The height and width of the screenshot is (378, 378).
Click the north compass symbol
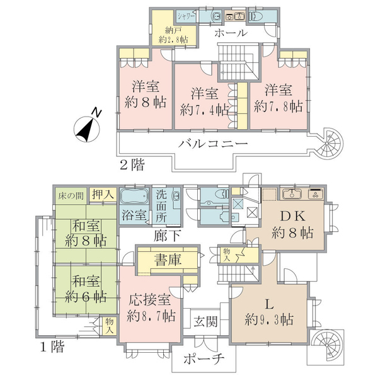pyautogui.click(x=86, y=129)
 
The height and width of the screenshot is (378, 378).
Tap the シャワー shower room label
pyautogui.click(x=186, y=16)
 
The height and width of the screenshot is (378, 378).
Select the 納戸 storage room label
pyautogui.click(x=173, y=35)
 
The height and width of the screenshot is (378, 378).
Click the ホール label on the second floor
pyautogui.click(x=231, y=33)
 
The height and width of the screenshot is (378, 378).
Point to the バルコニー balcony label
pyautogui.click(x=213, y=144)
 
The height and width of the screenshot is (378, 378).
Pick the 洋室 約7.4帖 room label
pyautogui.click(x=204, y=101)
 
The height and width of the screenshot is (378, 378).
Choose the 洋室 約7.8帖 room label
pyautogui.click(x=278, y=98)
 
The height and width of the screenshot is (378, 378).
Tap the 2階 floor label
pyautogui.click(x=132, y=165)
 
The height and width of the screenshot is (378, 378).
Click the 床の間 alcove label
pyautogui.click(x=71, y=196)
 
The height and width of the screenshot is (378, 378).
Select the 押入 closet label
pyautogui.click(x=103, y=194)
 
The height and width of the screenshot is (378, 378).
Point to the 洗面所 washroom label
pyautogui.click(x=161, y=207)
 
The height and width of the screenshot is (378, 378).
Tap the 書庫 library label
pyautogui.click(x=168, y=260)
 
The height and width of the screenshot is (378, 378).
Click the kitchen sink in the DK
pyautogui.click(x=292, y=194)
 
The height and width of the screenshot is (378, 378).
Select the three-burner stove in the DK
pyautogui.click(x=316, y=194)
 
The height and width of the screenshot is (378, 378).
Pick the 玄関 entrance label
pyautogui.click(x=205, y=321)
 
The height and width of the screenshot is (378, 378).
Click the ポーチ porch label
pyautogui.click(x=204, y=359)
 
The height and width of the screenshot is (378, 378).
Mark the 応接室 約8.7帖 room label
pyautogui.click(x=151, y=308)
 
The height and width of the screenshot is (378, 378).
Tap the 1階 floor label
pyautogui.click(x=52, y=347)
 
